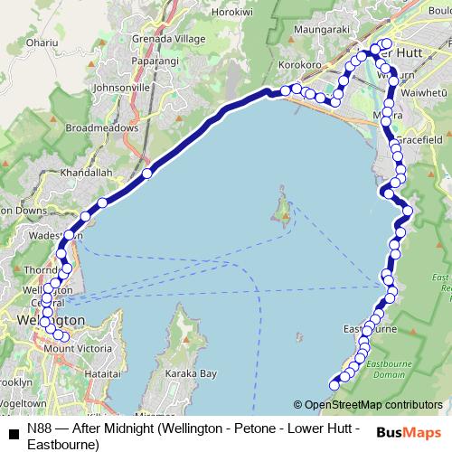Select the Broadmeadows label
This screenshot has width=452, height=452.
coord(102,128)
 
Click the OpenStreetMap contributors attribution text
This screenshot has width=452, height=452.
coord(372,405)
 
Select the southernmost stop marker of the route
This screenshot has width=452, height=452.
coord(334,385)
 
